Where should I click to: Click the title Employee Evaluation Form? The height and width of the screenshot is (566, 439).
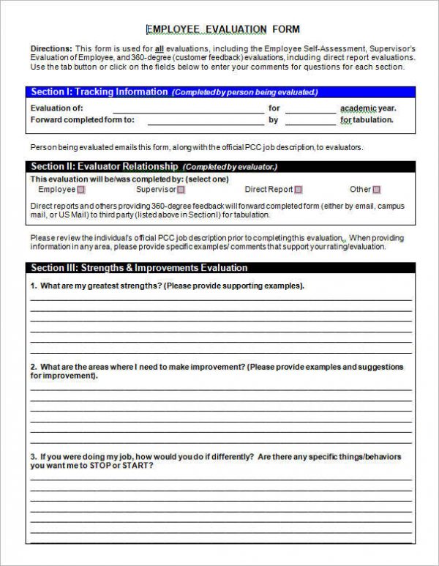click(222, 29)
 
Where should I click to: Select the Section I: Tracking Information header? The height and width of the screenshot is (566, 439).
click(99, 92)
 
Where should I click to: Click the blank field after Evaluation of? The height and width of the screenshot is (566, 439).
click(190, 109)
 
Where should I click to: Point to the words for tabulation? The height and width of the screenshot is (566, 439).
click(367, 120)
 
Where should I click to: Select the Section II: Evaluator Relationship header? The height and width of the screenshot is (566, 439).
click(104, 166)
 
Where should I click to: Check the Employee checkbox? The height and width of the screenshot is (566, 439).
click(82, 190)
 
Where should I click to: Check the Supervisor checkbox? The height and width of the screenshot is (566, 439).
click(181, 190)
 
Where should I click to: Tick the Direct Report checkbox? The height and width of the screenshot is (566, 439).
click(299, 190)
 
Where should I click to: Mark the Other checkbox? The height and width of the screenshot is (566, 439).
click(377, 190)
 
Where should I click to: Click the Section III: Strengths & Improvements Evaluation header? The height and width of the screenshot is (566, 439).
click(132, 268)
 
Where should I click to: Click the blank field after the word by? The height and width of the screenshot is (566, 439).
click(310, 120)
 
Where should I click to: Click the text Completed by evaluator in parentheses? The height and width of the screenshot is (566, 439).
click(230, 167)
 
